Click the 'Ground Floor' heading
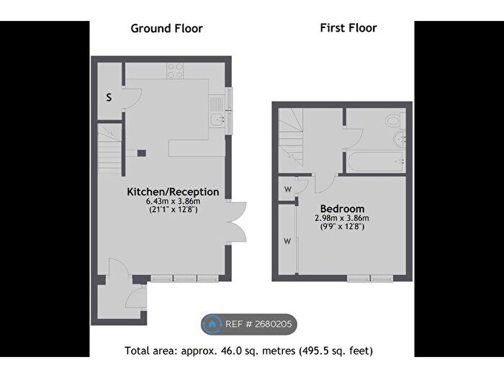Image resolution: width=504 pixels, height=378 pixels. (x=166, y=29)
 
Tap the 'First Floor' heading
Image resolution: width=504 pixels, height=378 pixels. (x=348, y=28)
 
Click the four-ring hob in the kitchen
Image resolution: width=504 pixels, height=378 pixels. (x=174, y=71)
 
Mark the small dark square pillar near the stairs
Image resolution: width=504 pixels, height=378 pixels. (x=142, y=152)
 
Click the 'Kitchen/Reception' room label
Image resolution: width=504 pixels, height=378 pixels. (x=173, y=192)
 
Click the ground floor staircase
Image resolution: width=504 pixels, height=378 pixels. (x=109, y=148)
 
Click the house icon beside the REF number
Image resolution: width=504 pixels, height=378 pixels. (x=213, y=325)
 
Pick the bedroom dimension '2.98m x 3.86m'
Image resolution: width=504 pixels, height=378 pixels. (x=342, y=218)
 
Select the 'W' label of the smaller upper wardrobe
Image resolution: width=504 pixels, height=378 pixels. (x=287, y=189)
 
